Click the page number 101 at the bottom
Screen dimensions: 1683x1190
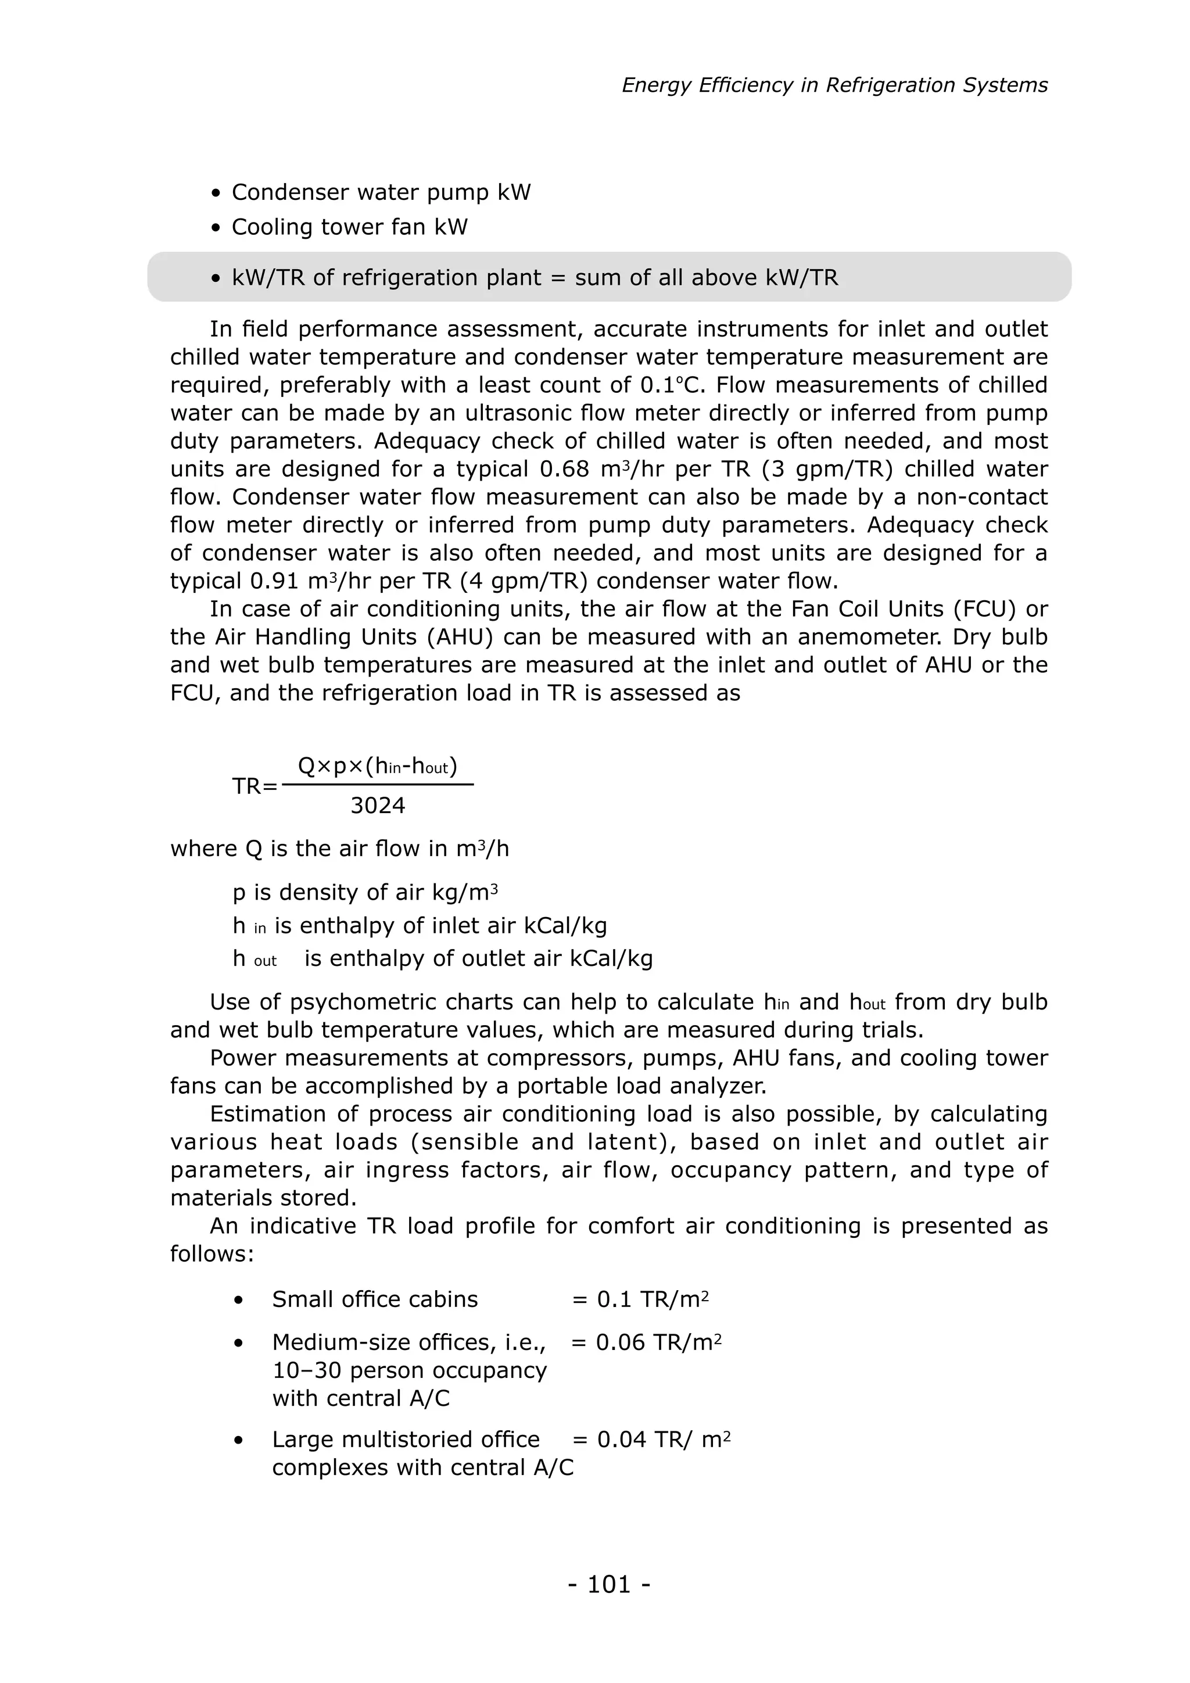click(x=609, y=1584)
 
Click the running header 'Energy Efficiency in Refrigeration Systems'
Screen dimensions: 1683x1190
click(x=834, y=85)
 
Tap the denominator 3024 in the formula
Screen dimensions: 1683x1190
click(x=377, y=805)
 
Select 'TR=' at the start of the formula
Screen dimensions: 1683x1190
click(x=255, y=786)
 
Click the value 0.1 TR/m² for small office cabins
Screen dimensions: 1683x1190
click(x=652, y=1299)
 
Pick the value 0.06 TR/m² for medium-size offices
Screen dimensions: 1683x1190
click(x=658, y=1342)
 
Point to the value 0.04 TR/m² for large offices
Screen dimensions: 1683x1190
click(x=663, y=1439)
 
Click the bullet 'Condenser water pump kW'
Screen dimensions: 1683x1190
click(x=381, y=192)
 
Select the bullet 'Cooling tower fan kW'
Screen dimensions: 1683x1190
click(x=349, y=227)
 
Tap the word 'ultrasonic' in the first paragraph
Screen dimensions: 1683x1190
click(x=518, y=413)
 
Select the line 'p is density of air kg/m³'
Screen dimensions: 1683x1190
click(x=365, y=892)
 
